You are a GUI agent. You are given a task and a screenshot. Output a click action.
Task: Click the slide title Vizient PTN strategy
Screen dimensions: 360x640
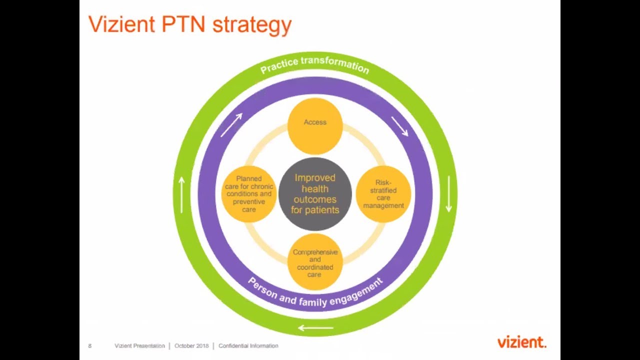189,25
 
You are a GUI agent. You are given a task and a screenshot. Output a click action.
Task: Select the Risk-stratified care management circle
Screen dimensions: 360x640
383,194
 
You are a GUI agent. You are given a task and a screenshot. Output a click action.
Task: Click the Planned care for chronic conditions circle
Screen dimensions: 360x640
248,194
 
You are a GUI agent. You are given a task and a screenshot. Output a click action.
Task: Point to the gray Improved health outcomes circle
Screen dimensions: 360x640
315,194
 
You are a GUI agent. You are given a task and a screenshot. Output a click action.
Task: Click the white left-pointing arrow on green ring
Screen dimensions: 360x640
315,328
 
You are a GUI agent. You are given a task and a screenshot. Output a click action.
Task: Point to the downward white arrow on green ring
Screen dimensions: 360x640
448,194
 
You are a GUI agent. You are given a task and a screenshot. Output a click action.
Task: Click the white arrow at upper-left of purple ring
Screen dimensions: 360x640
231,125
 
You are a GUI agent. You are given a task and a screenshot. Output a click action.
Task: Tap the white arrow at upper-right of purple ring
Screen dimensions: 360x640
399,126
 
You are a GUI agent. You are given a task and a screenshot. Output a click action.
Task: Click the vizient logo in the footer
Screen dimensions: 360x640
521,342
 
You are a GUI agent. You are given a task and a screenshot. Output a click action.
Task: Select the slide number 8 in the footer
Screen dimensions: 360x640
90,345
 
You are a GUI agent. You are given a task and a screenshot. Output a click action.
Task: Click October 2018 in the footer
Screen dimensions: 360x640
191,345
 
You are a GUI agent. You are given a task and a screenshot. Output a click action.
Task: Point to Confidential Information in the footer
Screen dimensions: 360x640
248,345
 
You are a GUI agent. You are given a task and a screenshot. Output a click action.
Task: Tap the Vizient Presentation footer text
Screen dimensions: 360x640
139,345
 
